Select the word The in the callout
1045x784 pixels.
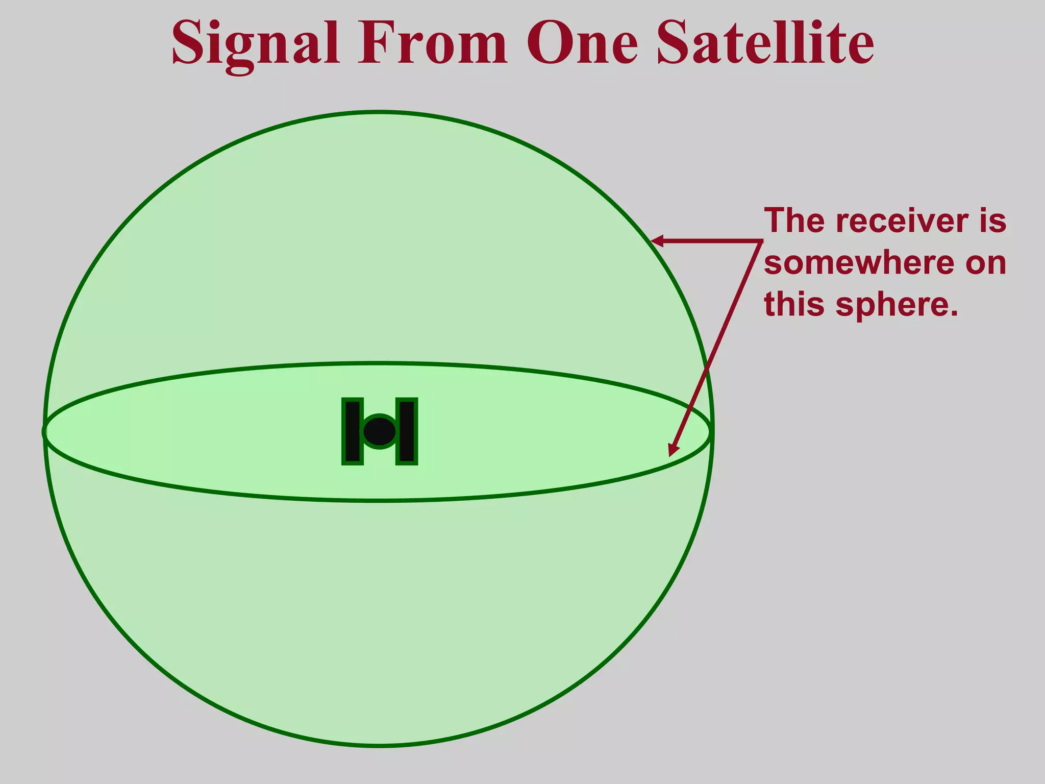pos(794,220)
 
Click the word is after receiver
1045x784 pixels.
pos(992,220)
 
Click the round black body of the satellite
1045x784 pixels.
pos(380,432)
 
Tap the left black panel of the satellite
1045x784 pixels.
pos(353,432)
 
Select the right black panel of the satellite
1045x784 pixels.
pos(407,432)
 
